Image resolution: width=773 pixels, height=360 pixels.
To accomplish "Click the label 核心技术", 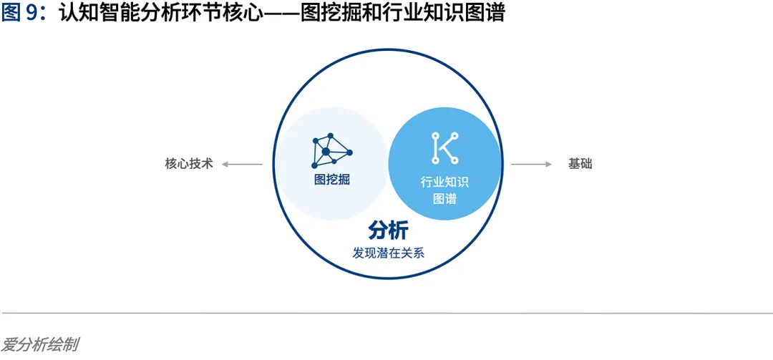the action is coord(189,164).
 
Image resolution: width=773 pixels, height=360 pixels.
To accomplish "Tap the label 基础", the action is coord(580,164).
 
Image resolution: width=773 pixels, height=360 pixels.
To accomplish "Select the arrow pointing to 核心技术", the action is coord(242,164).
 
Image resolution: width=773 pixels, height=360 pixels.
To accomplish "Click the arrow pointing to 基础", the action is coord(531,164).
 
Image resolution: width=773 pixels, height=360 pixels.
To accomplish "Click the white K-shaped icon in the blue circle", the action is coord(444,148).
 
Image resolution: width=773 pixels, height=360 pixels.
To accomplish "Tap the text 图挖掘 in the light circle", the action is coord(332,180).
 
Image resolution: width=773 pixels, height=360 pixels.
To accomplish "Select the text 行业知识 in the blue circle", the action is coord(444,182).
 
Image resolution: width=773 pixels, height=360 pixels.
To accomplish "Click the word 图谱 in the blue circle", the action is coord(444,199).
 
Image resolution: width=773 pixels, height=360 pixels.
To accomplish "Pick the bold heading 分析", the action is coord(388,230).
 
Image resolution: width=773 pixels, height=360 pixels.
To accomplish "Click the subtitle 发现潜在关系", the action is coord(388,253).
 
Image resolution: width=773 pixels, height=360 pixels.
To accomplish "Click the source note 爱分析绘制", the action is coord(39,344).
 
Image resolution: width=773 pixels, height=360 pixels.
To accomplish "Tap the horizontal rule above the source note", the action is coord(386,313).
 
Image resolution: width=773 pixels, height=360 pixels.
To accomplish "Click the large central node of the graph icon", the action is coord(326,151).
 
